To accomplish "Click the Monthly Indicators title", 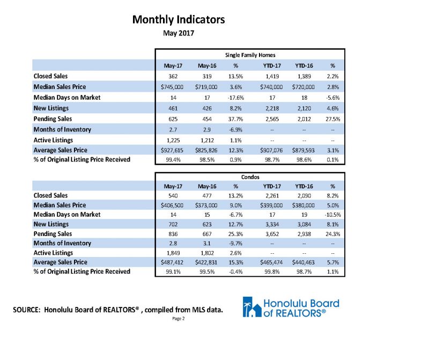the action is coord(179,20).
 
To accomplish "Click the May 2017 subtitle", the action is coord(179,33).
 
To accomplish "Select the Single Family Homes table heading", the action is coord(250,55).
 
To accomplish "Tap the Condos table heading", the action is coord(250,177).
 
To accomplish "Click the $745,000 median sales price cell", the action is coord(172,87).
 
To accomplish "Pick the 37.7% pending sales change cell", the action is coord(235,119).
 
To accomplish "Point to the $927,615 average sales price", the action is coord(172,150).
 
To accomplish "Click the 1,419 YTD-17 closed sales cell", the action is coord(272,76).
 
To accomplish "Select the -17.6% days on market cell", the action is coord(235,98).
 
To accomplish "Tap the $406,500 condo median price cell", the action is coord(172,205).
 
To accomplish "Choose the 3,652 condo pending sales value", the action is coord(272,234).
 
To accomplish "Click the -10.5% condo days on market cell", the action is coord(332,215).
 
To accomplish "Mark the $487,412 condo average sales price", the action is coord(172,262).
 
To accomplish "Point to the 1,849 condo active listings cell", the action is coord(173,253).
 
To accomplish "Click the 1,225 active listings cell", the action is coord(173,141).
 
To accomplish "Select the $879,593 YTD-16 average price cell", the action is coord(304,150).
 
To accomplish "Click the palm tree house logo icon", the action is coord(252,307).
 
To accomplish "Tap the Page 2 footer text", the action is coord(179,319).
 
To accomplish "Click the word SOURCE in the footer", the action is coord(26,310).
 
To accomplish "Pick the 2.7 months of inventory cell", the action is coord(173,130).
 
